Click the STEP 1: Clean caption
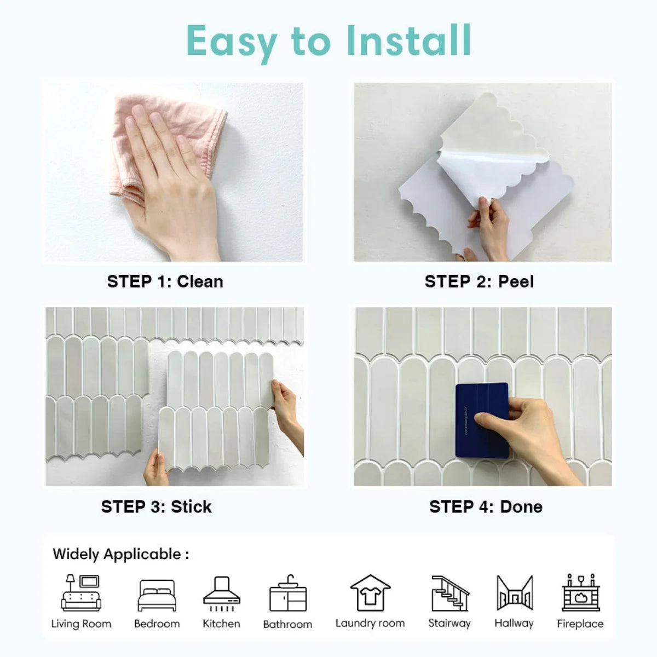click(165, 281)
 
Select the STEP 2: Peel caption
click(479, 281)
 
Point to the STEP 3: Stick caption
click(156, 506)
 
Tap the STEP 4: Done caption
click(486, 506)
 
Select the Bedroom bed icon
click(157, 595)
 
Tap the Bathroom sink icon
click(288, 594)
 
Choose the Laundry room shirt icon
click(370, 593)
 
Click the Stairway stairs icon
click(449, 593)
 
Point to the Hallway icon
click(514, 593)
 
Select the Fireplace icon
click(580, 593)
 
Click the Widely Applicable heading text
click(120, 554)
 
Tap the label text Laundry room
click(370, 623)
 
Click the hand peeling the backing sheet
click(490, 224)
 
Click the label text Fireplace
click(580, 624)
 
